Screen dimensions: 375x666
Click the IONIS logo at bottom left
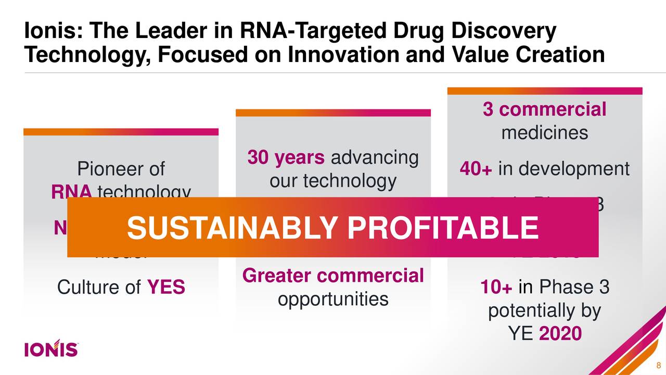pyautogui.click(x=51, y=348)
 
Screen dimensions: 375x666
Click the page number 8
pyautogui.click(x=659, y=364)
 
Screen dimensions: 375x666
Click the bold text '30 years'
pyautogui.click(x=286, y=158)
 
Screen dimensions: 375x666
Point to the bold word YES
pyautogui.click(x=166, y=287)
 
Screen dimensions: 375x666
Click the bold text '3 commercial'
pyautogui.click(x=544, y=109)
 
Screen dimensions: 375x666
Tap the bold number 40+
pyautogui.click(x=476, y=169)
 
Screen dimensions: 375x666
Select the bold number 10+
pyautogui.click(x=496, y=287)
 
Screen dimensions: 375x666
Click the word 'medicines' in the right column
pyautogui.click(x=544, y=133)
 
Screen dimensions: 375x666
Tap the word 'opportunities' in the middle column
pyautogui.click(x=333, y=299)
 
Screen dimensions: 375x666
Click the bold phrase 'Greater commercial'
pyautogui.click(x=333, y=276)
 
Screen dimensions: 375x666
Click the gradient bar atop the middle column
pyautogui.click(x=333, y=113)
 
